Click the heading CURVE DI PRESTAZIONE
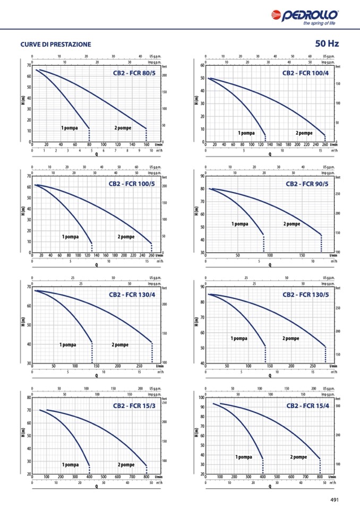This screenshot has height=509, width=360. click(x=56, y=44)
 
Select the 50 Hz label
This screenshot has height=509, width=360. click(x=327, y=44)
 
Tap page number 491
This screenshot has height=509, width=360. click(x=334, y=499)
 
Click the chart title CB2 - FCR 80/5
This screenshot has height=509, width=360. click(x=134, y=73)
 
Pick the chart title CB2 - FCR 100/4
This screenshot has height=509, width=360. click(x=305, y=73)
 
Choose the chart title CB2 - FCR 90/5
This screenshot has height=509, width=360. click(x=307, y=184)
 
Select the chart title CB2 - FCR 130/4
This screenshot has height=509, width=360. click(x=132, y=295)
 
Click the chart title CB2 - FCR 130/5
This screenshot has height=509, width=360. click(x=305, y=295)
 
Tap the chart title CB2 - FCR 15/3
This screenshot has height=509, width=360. click(x=134, y=406)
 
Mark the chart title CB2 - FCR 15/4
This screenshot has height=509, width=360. click(x=308, y=406)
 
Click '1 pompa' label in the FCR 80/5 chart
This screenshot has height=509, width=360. click(x=70, y=128)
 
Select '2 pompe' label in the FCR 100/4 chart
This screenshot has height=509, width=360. click(x=304, y=133)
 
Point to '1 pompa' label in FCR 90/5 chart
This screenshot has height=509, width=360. click(x=240, y=224)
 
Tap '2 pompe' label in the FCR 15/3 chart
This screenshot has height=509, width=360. click(x=126, y=464)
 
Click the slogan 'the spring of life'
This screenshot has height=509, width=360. click(x=319, y=23)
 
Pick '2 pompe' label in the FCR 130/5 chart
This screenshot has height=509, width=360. click(x=290, y=338)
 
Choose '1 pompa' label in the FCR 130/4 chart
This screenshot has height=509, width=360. click(x=67, y=344)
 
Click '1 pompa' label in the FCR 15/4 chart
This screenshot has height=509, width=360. click(x=243, y=456)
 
